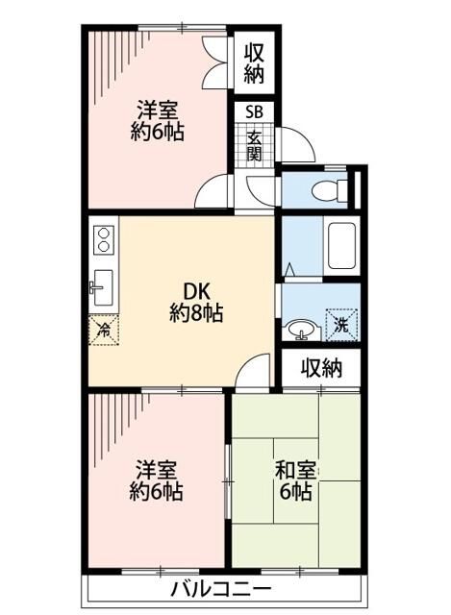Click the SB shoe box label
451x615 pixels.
tap(255, 111)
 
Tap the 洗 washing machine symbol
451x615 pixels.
tap(340, 324)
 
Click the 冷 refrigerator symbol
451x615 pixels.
tap(103, 330)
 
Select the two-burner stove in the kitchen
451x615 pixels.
tap(103, 239)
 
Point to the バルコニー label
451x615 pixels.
tap(222, 589)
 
